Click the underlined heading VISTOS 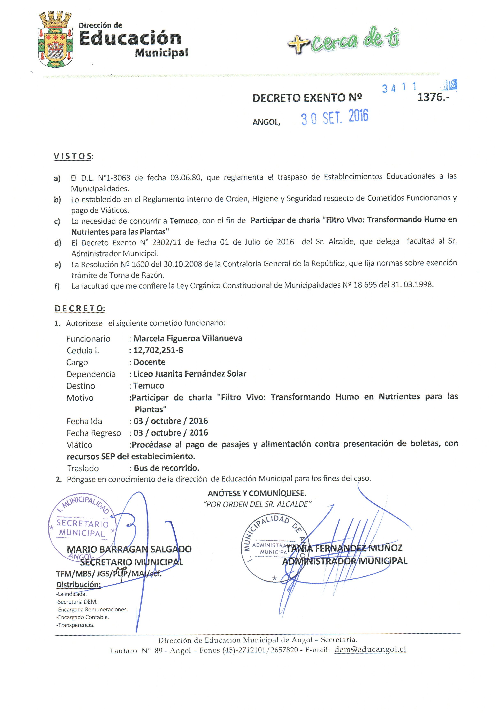tap(73, 156)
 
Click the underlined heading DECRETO tap(80, 309)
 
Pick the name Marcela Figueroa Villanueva tap(188, 338)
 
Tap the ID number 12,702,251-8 tap(158, 350)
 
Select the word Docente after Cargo tap(149, 362)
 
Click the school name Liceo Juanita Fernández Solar tap(190, 374)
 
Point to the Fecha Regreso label tap(93, 433)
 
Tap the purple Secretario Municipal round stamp tap(82, 528)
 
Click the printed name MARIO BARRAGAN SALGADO tap(129, 549)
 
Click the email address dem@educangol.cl tap(370, 649)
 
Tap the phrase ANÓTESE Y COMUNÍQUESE tap(257, 494)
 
